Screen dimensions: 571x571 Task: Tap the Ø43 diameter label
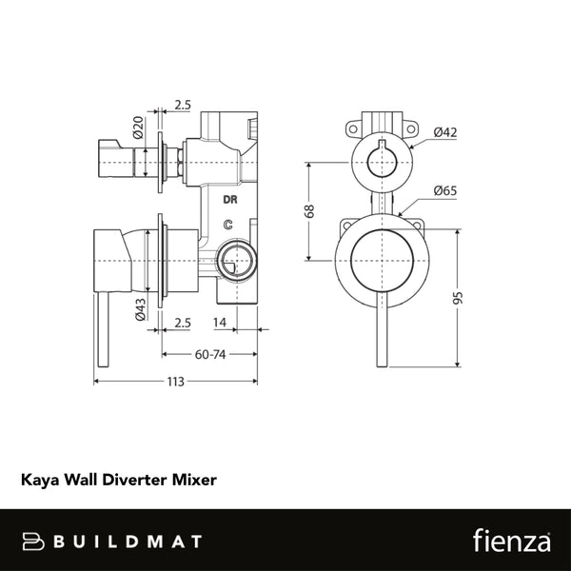point(138,312)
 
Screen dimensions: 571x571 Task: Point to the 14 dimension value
point(219,324)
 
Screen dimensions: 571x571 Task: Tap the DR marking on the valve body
point(229,200)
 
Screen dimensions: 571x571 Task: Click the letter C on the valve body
point(227,225)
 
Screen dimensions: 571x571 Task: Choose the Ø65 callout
point(444,191)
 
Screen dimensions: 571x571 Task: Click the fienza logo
point(510,541)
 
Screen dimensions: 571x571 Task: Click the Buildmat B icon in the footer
point(34,541)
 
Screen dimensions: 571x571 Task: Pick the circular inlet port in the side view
point(234,258)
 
